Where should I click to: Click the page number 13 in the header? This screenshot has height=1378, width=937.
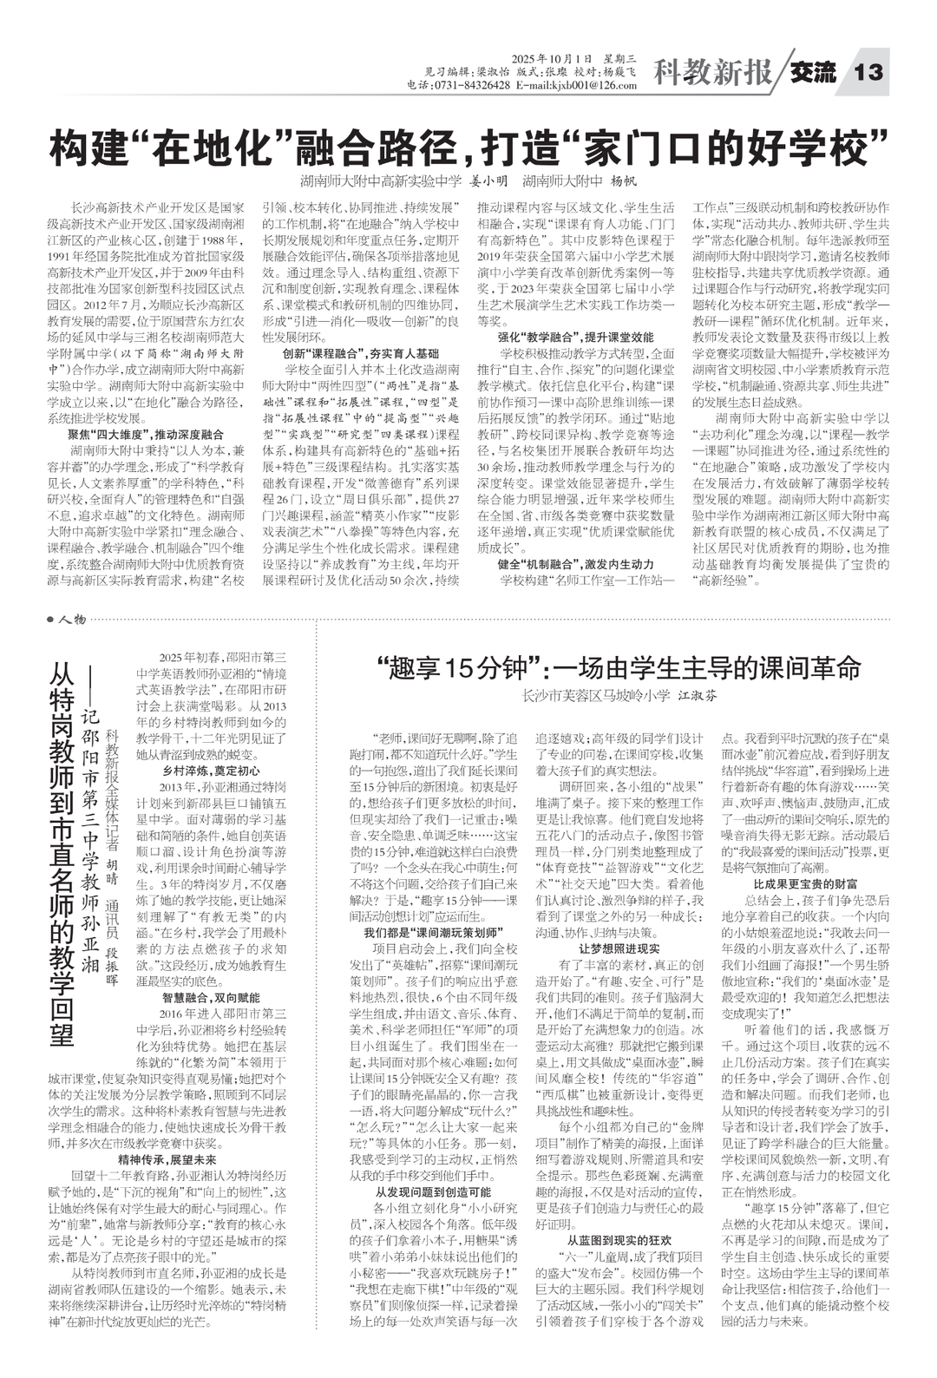coord(868,73)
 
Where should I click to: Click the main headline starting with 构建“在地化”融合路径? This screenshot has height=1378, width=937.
coord(469,147)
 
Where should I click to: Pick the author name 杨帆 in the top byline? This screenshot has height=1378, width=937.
coord(624,182)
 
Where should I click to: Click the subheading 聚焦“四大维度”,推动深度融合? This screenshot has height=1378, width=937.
coord(147,434)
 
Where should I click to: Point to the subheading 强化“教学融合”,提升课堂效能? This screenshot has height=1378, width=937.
coord(575,338)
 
